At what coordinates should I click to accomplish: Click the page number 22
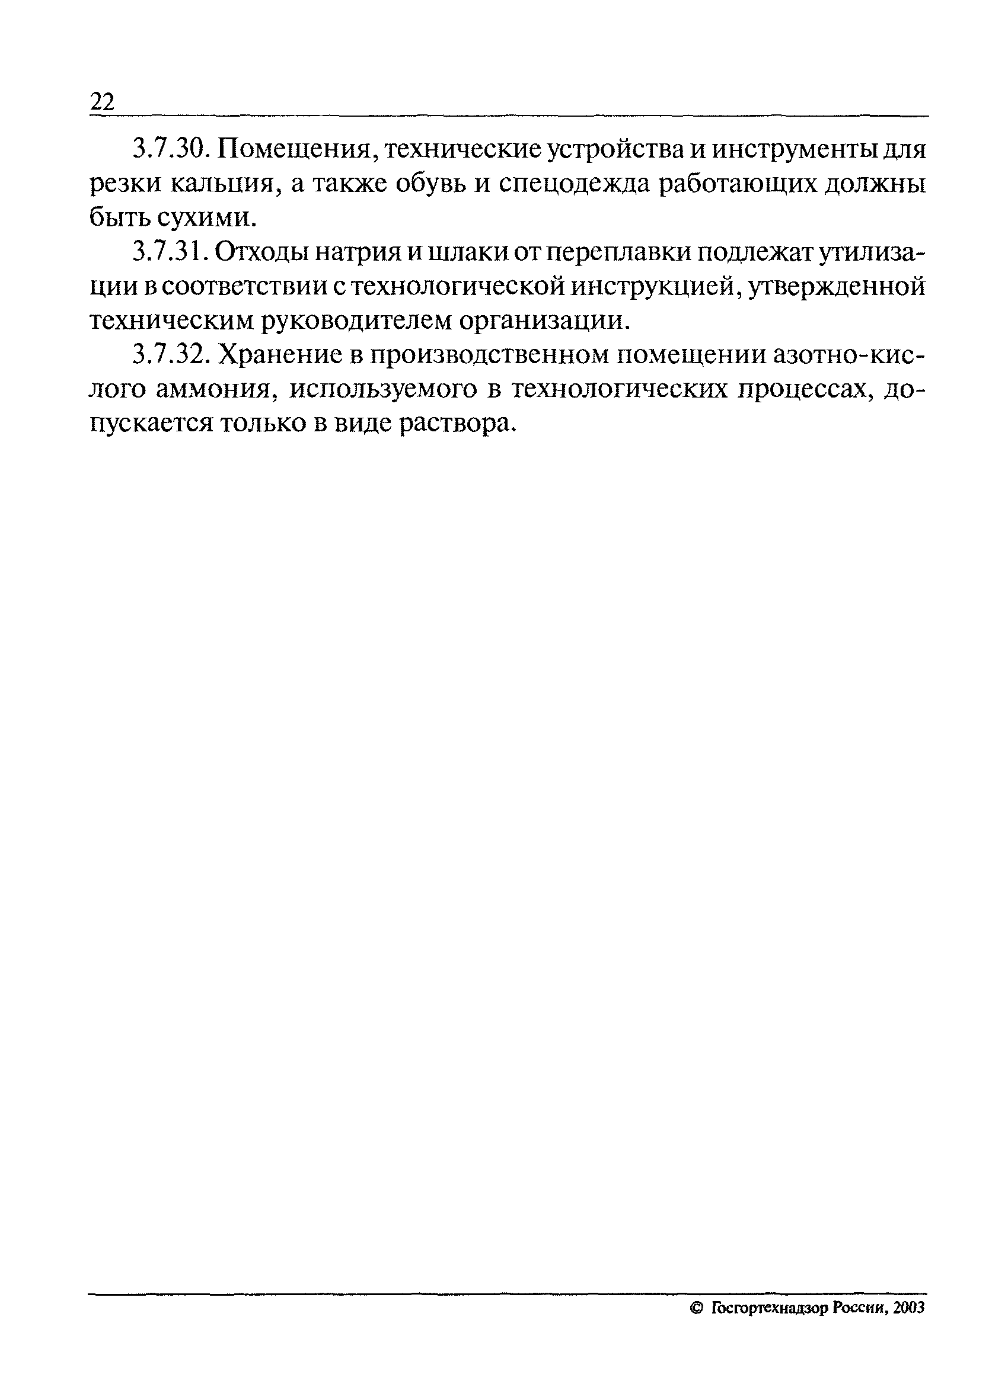pos(103,102)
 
